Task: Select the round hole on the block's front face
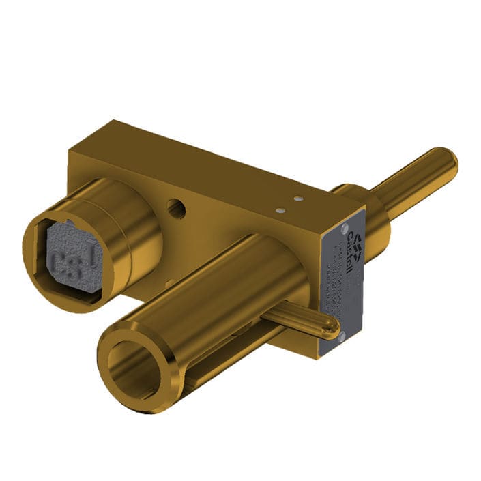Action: (176, 206)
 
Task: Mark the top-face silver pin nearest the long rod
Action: (297, 198)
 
